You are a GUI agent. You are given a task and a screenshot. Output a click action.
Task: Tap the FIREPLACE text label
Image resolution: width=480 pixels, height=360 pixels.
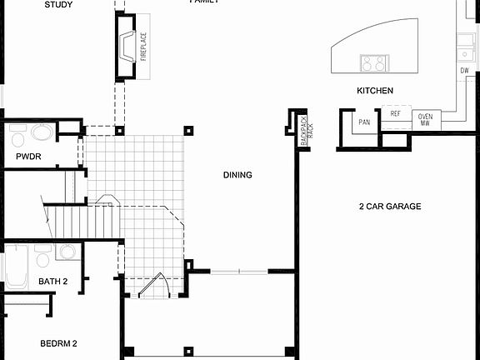143,47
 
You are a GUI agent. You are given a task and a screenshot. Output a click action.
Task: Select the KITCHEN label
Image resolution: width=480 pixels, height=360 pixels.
375,91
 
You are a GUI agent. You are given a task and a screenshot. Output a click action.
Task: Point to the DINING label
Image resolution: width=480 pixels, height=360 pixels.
237,175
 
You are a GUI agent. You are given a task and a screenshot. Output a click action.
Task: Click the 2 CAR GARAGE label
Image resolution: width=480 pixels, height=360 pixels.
390,206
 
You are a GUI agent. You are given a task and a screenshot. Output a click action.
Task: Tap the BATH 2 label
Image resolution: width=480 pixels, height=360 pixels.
53,282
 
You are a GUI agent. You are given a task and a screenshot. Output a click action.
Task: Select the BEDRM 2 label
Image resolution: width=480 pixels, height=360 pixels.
58,342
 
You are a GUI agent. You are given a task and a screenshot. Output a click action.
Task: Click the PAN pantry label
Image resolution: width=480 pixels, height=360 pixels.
364,122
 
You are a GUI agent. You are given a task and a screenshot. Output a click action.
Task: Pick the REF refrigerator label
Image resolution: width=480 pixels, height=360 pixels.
395,113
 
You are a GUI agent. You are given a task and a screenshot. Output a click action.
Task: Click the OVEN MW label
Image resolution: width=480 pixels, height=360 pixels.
425,119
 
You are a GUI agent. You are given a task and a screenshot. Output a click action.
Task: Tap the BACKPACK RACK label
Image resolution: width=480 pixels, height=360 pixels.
307,130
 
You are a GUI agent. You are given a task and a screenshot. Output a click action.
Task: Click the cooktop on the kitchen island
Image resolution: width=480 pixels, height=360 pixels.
375,62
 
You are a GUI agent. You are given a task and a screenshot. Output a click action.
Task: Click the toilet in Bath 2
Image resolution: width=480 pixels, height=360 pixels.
67,251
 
